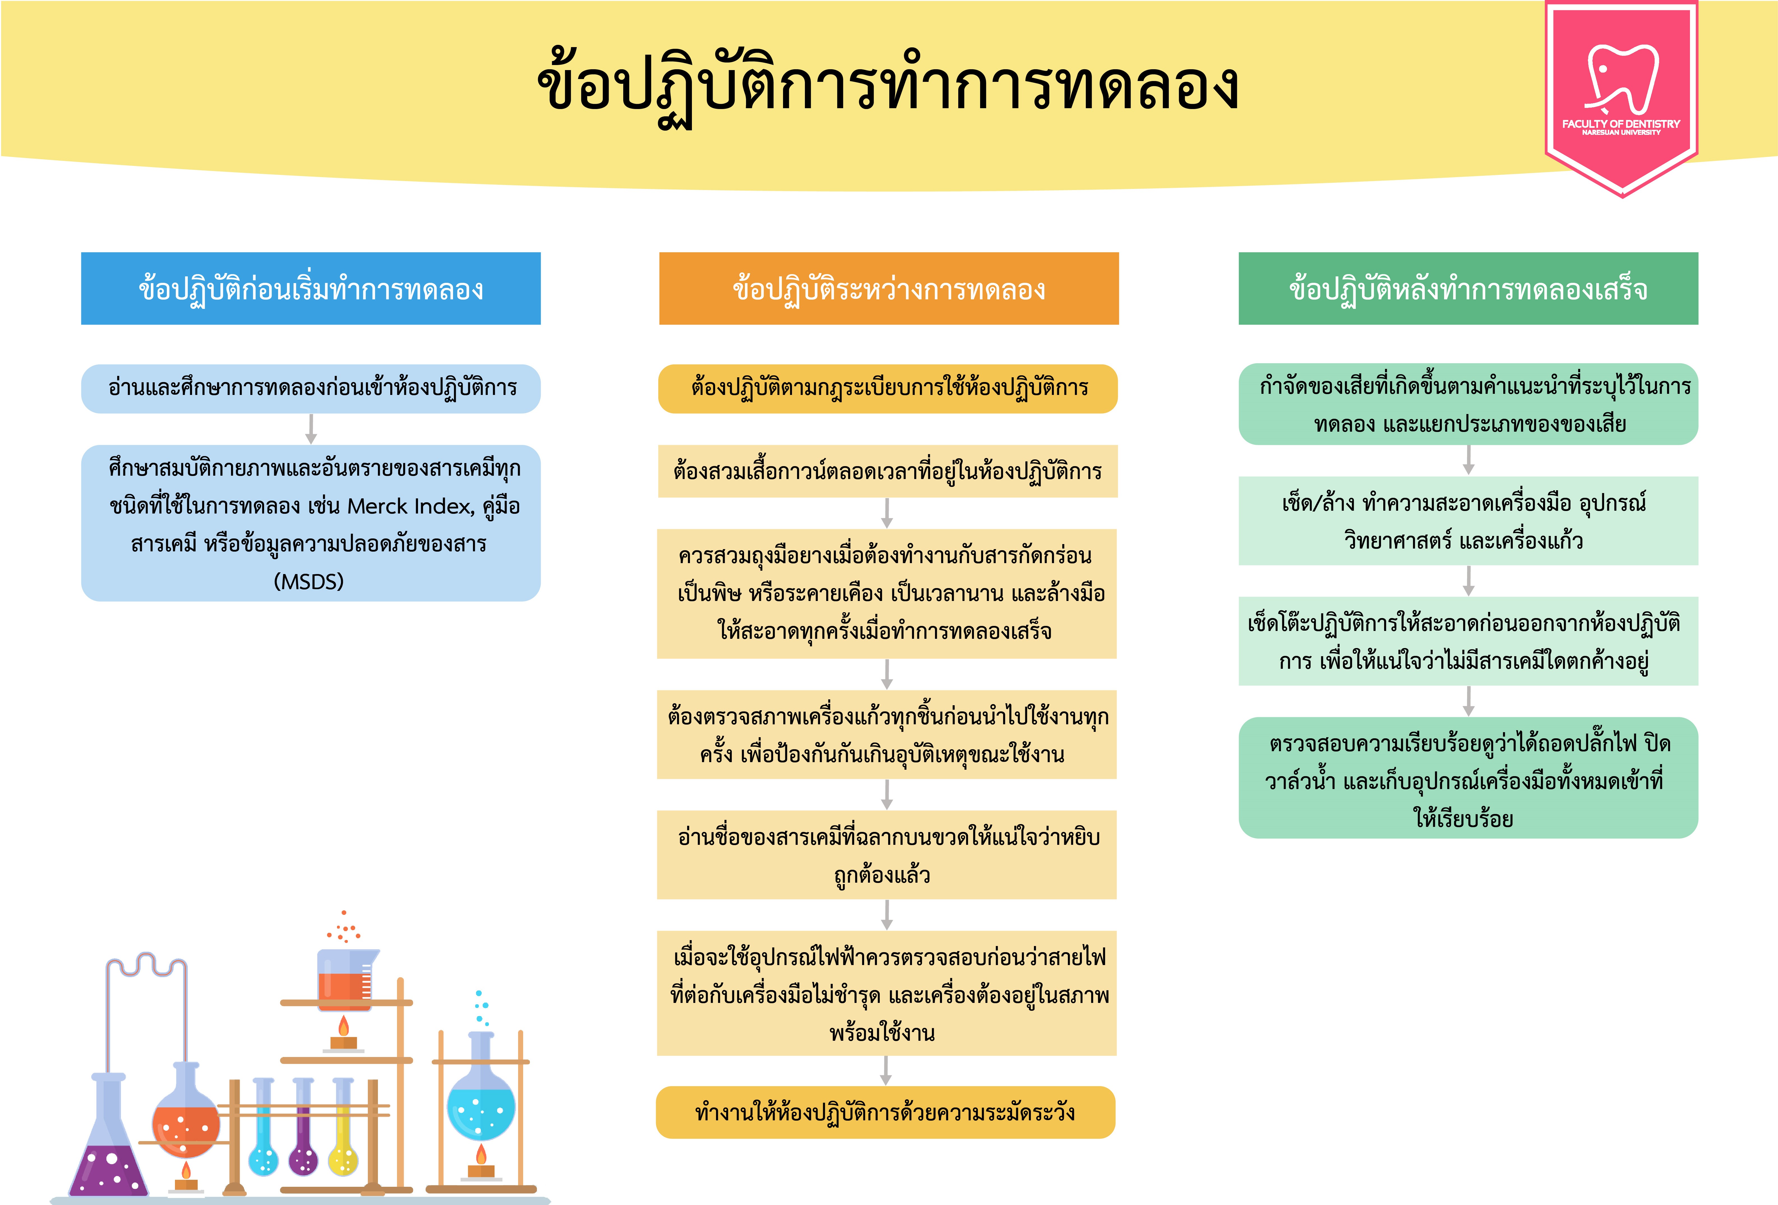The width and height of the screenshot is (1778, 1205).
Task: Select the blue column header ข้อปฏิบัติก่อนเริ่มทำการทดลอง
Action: (x=311, y=288)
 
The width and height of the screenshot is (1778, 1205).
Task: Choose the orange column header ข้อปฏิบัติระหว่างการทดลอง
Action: (x=889, y=288)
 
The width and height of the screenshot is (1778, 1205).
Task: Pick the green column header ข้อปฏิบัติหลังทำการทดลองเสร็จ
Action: (x=1468, y=288)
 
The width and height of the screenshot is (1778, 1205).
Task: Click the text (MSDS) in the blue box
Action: (x=309, y=581)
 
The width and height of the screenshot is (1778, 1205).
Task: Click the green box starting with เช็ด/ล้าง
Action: (x=1468, y=521)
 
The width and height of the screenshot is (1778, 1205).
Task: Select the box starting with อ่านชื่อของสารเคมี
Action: (x=887, y=855)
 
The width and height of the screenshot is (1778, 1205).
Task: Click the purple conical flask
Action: (x=109, y=1140)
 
